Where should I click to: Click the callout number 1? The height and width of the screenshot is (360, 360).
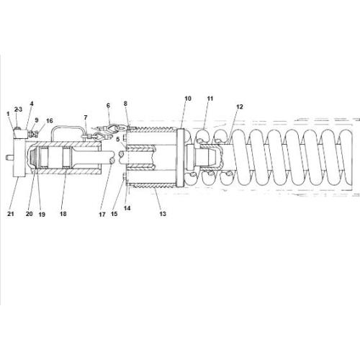(9, 113)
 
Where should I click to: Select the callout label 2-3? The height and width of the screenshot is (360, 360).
(19, 109)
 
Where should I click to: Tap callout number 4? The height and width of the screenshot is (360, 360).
(32, 104)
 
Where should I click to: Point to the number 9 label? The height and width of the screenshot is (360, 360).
(37, 120)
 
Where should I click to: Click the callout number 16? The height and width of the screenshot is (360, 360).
(49, 122)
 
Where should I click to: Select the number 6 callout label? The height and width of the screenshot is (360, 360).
(109, 105)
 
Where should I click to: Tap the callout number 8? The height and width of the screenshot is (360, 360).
(125, 104)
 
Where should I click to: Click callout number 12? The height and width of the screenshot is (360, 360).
(239, 107)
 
